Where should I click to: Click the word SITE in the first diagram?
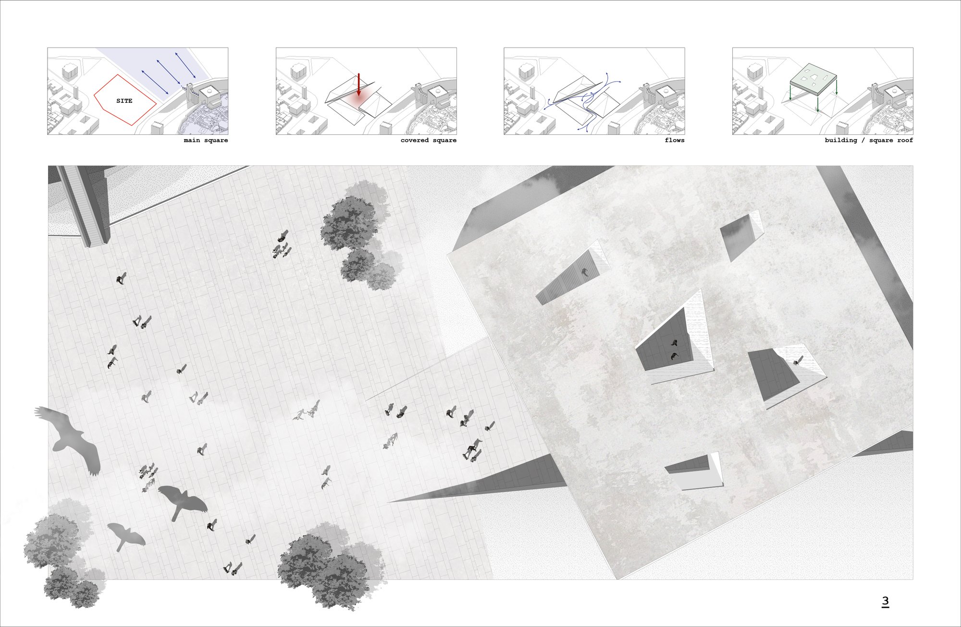click(x=124, y=101)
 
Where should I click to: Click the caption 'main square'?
click(x=206, y=140)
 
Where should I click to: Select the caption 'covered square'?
click(x=429, y=140)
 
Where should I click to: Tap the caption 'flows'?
click(x=675, y=140)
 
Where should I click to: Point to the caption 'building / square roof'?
click(x=869, y=140)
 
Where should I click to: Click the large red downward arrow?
click(x=358, y=85)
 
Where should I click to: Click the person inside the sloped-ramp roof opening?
click(x=585, y=273)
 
